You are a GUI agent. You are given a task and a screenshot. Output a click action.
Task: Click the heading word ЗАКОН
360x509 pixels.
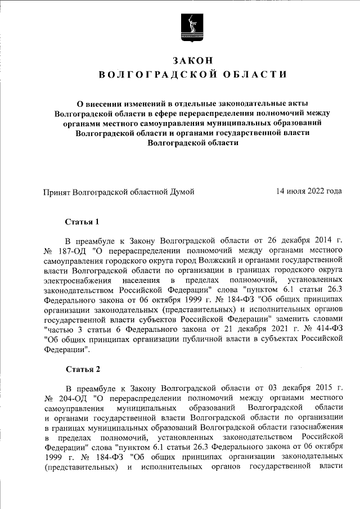pos(192,60)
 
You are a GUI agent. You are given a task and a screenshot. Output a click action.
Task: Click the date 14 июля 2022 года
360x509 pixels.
pos(309,191)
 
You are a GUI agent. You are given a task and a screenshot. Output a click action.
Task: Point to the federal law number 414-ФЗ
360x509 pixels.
pos(327,326)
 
